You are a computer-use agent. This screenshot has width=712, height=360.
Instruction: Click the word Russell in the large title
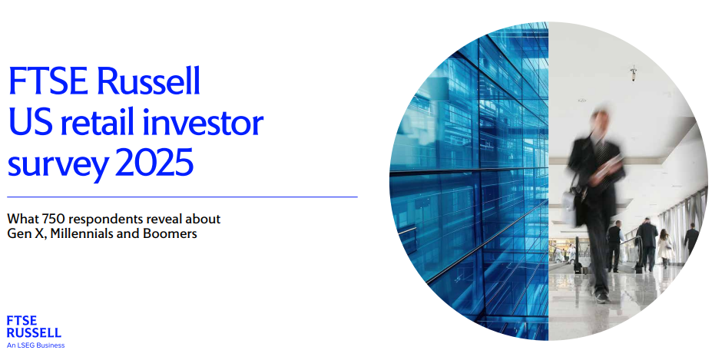pos(148,81)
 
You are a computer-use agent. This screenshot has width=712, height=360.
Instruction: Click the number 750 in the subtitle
pos(54,219)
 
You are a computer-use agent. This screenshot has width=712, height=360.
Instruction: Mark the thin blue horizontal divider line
pos(183,197)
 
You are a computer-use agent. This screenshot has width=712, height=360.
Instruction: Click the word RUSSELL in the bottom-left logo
pos(34,333)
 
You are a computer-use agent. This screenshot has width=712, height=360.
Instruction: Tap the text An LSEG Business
pos(36,345)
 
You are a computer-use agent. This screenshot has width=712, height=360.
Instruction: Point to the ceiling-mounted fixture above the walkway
pos(634,73)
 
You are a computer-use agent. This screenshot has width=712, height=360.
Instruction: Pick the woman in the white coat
pos(665,248)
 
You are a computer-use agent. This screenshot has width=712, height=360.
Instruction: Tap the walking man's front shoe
pos(602,297)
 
